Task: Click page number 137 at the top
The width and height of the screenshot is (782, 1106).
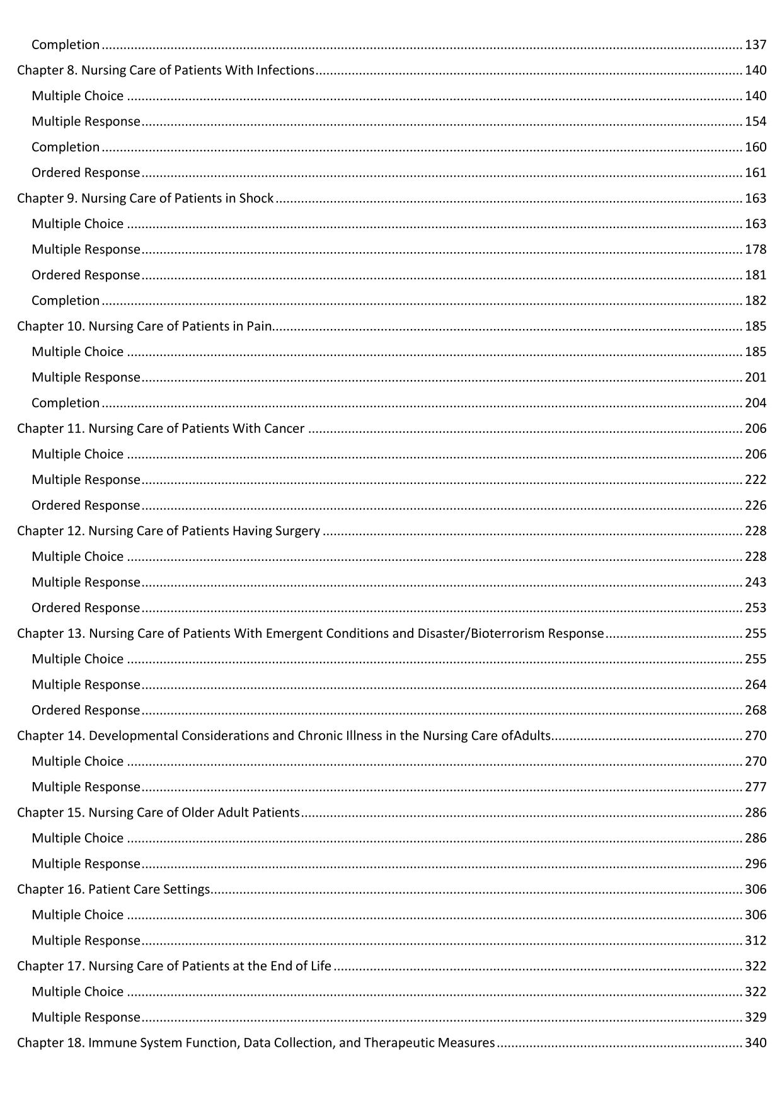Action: point(756,45)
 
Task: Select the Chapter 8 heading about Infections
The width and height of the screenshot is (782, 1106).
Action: point(165,71)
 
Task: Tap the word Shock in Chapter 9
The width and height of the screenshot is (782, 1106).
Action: point(256,199)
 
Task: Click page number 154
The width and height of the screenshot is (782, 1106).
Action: point(756,122)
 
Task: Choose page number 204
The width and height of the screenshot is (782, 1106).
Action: point(756,403)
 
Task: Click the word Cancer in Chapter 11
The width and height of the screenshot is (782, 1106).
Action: point(284,429)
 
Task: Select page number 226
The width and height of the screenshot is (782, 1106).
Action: point(756,505)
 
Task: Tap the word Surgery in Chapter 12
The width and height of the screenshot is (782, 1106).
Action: point(297,531)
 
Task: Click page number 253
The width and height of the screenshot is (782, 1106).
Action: point(756,608)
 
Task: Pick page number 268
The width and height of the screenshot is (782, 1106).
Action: point(756,710)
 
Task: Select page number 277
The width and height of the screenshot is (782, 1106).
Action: point(756,787)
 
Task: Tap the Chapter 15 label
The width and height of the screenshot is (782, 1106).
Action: point(51,813)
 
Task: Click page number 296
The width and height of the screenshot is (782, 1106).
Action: point(756,864)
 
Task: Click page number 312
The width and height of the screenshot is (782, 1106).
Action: point(756,941)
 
